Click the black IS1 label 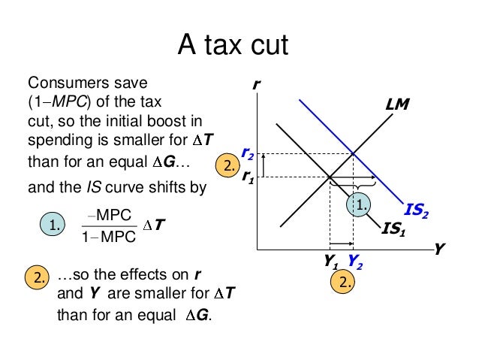tap(393, 228)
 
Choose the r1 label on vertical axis tap(247, 177)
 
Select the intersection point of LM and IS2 tap(354, 153)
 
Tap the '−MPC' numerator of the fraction tap(109, 214)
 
